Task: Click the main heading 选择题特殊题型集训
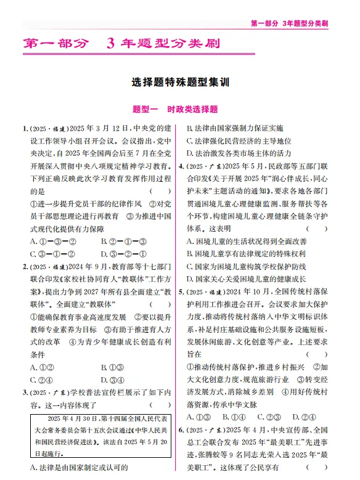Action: pos(179,83)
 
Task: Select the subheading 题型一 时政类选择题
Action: pos(179,110)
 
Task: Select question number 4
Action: pos(181,166)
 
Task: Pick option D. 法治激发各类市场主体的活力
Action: pos(239,153)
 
